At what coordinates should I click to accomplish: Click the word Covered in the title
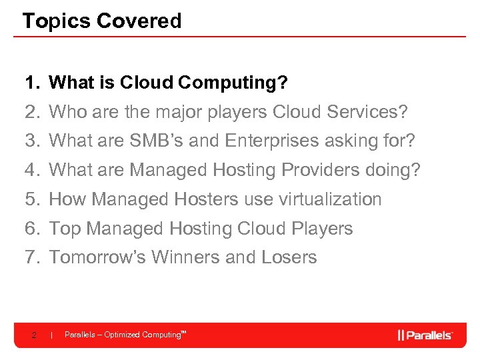pyautogui.click(x=139, y=21)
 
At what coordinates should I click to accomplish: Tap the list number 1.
pyautogui.click(x=31, y=83)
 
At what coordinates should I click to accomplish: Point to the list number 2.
pyautogui.click(x=31, y=112)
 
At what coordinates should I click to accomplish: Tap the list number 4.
pyautogui.click(x=31, y=170)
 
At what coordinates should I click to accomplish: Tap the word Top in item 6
pyautogui.click(x=65, y=229)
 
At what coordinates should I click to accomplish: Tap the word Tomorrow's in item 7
pyautogui.click(x=97, y=257)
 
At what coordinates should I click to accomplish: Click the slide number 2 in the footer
pyautogui.click(x=33, y=335)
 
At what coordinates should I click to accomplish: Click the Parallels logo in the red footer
pyautogui.click(x=425, y=335)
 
